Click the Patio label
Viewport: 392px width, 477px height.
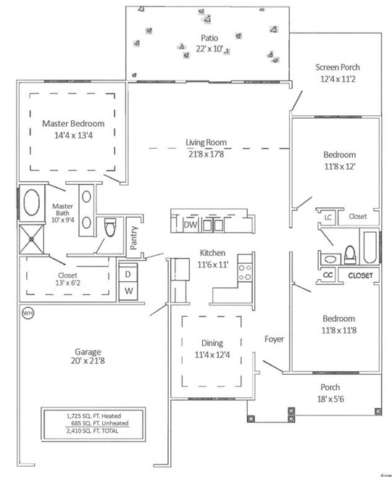pos(209,37)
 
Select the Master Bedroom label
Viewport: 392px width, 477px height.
pos(72,123)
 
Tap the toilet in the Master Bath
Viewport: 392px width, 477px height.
pos(110,228)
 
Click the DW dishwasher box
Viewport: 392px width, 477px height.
pos(191,225)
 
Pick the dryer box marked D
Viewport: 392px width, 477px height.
pos(128,275)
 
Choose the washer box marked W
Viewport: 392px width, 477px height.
pos(128,291)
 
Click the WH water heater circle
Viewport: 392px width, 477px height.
pos(28,314)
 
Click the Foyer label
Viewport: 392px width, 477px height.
pos(274,339)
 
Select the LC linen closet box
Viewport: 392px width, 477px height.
pos(328,217)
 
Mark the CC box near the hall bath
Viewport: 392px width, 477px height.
pos(327,275)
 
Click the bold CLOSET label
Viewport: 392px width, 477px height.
pos(360,275)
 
